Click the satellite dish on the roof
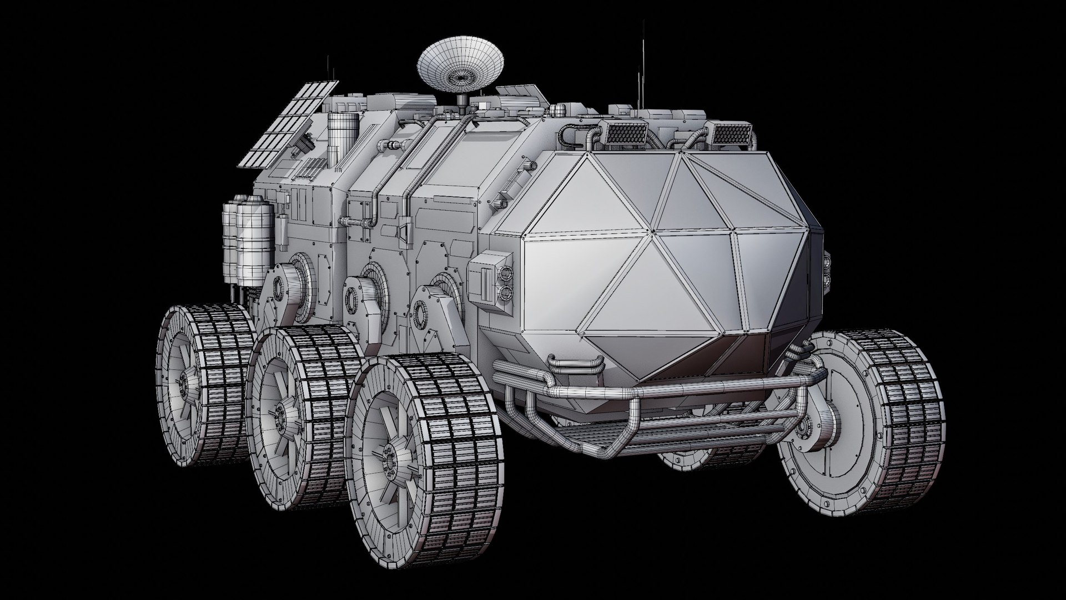pyautogui.click(x=460, y=67)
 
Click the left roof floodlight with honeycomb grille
pyautogui.click(x=626, y=133)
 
